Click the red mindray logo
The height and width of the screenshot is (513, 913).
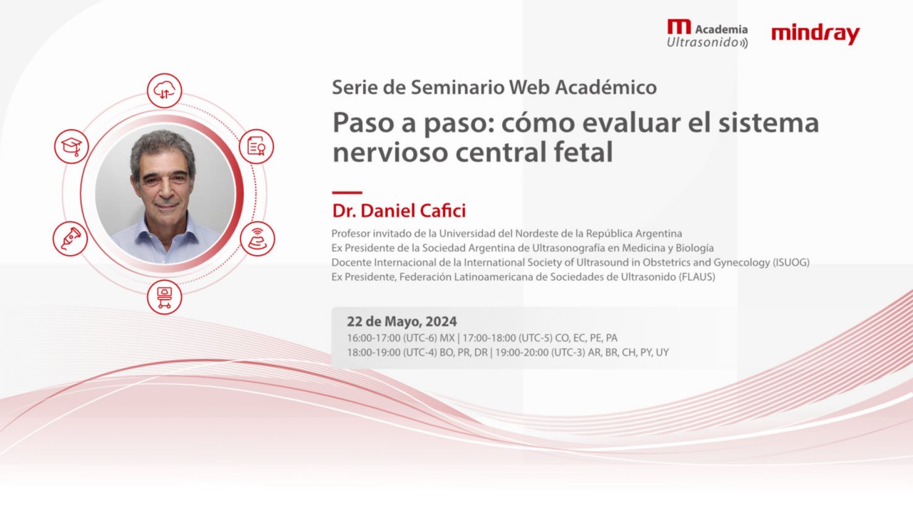(815, 34)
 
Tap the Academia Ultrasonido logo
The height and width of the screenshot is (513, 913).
(707, 34)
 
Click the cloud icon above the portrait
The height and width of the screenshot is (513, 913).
(165, 90)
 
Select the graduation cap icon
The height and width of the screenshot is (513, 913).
(71, 146)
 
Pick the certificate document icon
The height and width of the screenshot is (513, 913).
(256, 146)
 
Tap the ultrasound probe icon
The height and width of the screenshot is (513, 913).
(71, 238)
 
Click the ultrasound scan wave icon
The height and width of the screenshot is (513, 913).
(257, 238)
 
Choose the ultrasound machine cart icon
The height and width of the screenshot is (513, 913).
(164, 296)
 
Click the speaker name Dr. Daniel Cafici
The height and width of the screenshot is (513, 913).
(399, 211)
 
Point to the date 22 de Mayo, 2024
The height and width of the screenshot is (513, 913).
(402, 321)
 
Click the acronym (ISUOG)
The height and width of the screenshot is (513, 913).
(790, 262)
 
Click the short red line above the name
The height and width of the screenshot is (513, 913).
(347, 192)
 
